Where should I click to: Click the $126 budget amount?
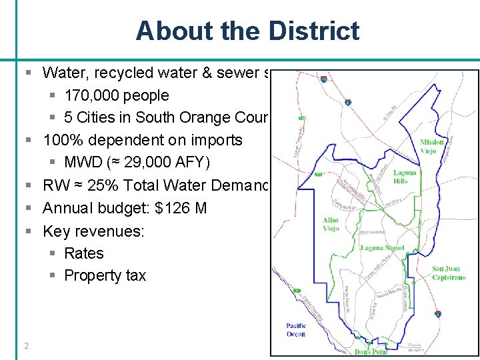171,209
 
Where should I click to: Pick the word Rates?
84,253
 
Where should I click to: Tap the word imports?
217,140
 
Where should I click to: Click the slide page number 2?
26,345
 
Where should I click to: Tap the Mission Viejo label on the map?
431,146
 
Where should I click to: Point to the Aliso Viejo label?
330,224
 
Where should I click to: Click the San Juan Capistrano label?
449,273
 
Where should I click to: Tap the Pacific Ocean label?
296,329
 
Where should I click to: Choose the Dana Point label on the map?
371,352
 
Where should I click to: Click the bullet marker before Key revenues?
29,231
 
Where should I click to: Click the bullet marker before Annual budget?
29,209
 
